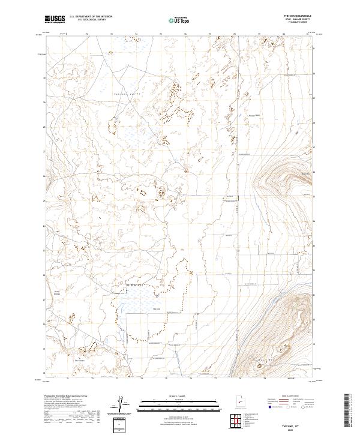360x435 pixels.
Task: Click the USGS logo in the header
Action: tap(55, 19)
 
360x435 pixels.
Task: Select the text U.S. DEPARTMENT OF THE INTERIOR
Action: tap(91, 16)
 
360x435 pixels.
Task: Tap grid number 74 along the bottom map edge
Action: tap(142, 379)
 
